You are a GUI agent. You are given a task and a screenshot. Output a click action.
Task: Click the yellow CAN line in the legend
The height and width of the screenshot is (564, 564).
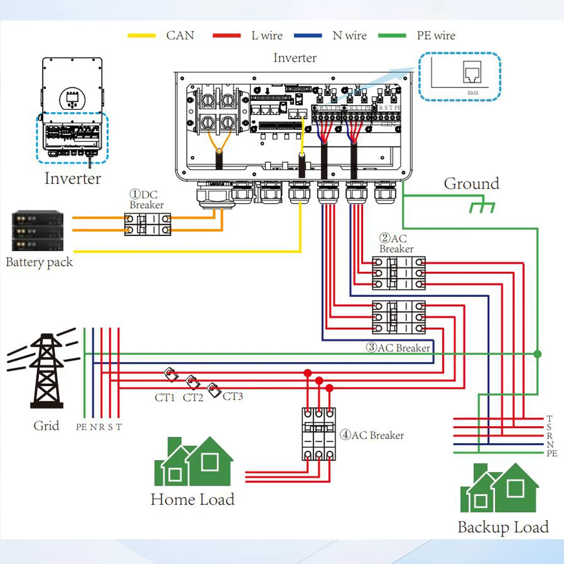tap(142, 36)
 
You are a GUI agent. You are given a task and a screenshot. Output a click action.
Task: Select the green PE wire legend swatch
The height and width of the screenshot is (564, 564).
tap(392, 36)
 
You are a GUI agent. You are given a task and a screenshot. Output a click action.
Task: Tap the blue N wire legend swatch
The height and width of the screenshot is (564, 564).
tap(308, 36)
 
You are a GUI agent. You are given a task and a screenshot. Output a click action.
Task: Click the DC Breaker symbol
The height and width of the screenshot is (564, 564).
tap(147, 224)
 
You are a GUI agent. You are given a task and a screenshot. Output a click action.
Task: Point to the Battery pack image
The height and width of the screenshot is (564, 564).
tap(37, 231)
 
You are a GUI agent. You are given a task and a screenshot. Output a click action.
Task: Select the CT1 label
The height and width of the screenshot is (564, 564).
tap(164, 398)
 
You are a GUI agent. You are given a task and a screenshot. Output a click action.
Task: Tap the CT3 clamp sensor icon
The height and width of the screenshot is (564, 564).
tap(213, 390)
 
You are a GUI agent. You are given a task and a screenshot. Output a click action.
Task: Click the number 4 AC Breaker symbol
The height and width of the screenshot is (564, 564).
tap(319, 434)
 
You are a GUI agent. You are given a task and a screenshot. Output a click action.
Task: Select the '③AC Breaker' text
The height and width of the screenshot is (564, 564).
tap(398, 348)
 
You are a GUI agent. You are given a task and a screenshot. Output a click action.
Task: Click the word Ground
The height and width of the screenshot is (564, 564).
tap(471, 184)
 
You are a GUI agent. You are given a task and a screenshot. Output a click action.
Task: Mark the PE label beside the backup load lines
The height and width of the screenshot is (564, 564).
tap(552, 453)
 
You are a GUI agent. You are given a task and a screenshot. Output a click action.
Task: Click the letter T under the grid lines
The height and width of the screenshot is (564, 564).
tap(118, 427)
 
